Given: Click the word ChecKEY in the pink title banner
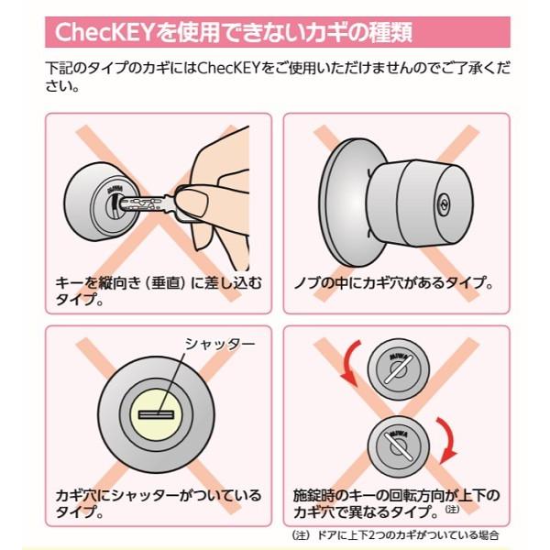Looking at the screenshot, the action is click(104, 32).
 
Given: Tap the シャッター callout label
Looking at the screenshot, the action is click(220, 344).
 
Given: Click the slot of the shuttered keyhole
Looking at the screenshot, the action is click(157, 414).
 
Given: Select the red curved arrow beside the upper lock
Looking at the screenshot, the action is click(351, 363).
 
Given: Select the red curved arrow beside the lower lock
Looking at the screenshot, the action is click(446, 440).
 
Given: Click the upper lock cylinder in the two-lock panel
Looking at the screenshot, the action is click(399, 369).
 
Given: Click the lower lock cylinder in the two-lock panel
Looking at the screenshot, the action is click(399, 446).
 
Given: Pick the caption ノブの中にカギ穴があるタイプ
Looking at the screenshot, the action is click(393, 282).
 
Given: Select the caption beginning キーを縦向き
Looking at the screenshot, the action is click(159, 291).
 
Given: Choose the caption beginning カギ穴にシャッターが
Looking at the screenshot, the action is click(159, 503).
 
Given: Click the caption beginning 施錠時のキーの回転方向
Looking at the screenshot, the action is click(396, 503).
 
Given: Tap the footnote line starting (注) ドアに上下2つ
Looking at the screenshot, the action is click(395, 535).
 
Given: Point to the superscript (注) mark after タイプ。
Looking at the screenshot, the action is click(453, 508).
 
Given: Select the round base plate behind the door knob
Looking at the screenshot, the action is click(346, 203).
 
